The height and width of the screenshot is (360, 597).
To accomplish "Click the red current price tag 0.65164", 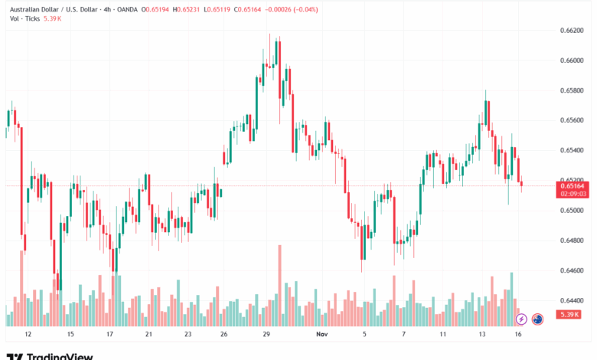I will [573, 185].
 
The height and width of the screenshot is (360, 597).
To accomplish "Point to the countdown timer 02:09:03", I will [573, 194].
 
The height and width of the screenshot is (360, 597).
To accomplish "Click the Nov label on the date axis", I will [322, 334].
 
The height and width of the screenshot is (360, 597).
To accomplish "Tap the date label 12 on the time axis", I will [28, 334].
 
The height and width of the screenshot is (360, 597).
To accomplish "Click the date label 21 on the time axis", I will [148, 334].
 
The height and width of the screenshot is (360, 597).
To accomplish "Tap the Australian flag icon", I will [537, 318].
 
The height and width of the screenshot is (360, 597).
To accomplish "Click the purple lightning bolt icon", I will [521, 318].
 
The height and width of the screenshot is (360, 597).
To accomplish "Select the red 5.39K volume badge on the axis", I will [569, 315].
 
